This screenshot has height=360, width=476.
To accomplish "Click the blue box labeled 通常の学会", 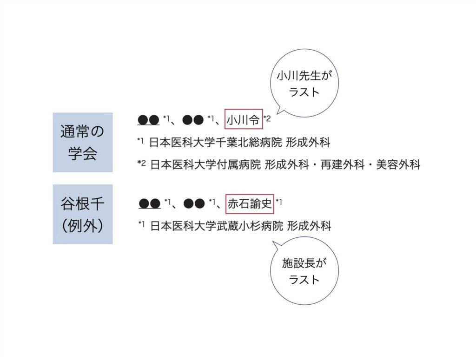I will pos(83,142).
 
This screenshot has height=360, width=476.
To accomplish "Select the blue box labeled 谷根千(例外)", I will pos(83,214).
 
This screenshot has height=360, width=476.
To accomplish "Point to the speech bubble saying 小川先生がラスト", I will pos(304,83).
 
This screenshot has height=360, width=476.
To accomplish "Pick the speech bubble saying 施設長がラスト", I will pos(304,271).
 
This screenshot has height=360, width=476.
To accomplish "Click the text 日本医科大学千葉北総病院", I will pos(216,143).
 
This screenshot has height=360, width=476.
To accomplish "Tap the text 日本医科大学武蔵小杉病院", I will pos(216,226).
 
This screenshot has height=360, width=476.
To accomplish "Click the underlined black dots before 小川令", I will pos(149,120).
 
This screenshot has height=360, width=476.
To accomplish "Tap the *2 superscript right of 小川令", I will pos(267,118).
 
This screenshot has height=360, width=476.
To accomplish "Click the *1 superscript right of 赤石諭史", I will pos(279,201).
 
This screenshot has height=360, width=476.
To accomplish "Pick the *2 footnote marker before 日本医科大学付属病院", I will pos(141,162).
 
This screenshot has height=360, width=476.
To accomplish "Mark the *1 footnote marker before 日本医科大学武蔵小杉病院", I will pos(142,224).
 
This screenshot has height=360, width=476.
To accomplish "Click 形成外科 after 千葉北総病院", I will pos(309,143).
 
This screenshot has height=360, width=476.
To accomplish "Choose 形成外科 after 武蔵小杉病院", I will pos(309,226).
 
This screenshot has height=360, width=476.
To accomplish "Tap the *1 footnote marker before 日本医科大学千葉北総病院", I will pos(141,141).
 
